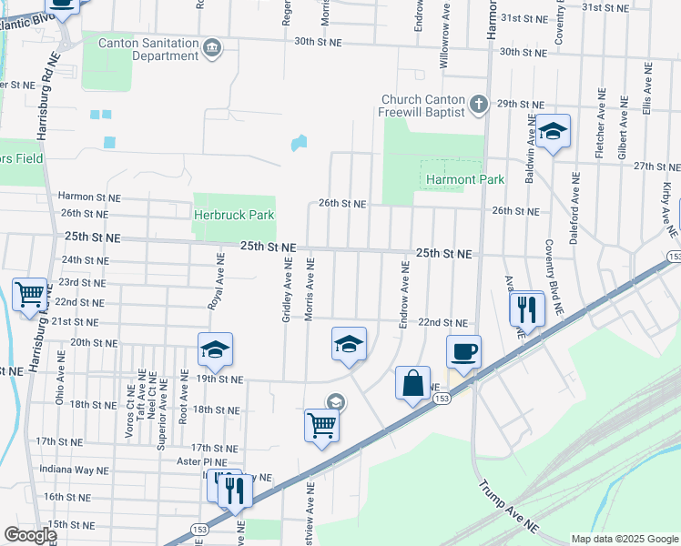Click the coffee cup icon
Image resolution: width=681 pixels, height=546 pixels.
[463, 351]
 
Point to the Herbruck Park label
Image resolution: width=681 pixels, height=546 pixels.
[234, 215]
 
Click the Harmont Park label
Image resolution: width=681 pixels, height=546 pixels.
[464, 179]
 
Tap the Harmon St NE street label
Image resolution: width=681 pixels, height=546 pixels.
[89, 196]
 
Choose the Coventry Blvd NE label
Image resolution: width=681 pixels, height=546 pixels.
[555, 278]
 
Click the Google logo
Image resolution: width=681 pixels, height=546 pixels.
[29, 535]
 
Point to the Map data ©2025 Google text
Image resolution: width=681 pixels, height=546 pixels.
[624, 539]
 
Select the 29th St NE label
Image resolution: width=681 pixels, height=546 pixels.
[521, 105]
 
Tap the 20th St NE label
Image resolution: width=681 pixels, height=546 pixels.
[91, 342]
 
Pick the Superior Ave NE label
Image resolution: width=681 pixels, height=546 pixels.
[162, 398]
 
